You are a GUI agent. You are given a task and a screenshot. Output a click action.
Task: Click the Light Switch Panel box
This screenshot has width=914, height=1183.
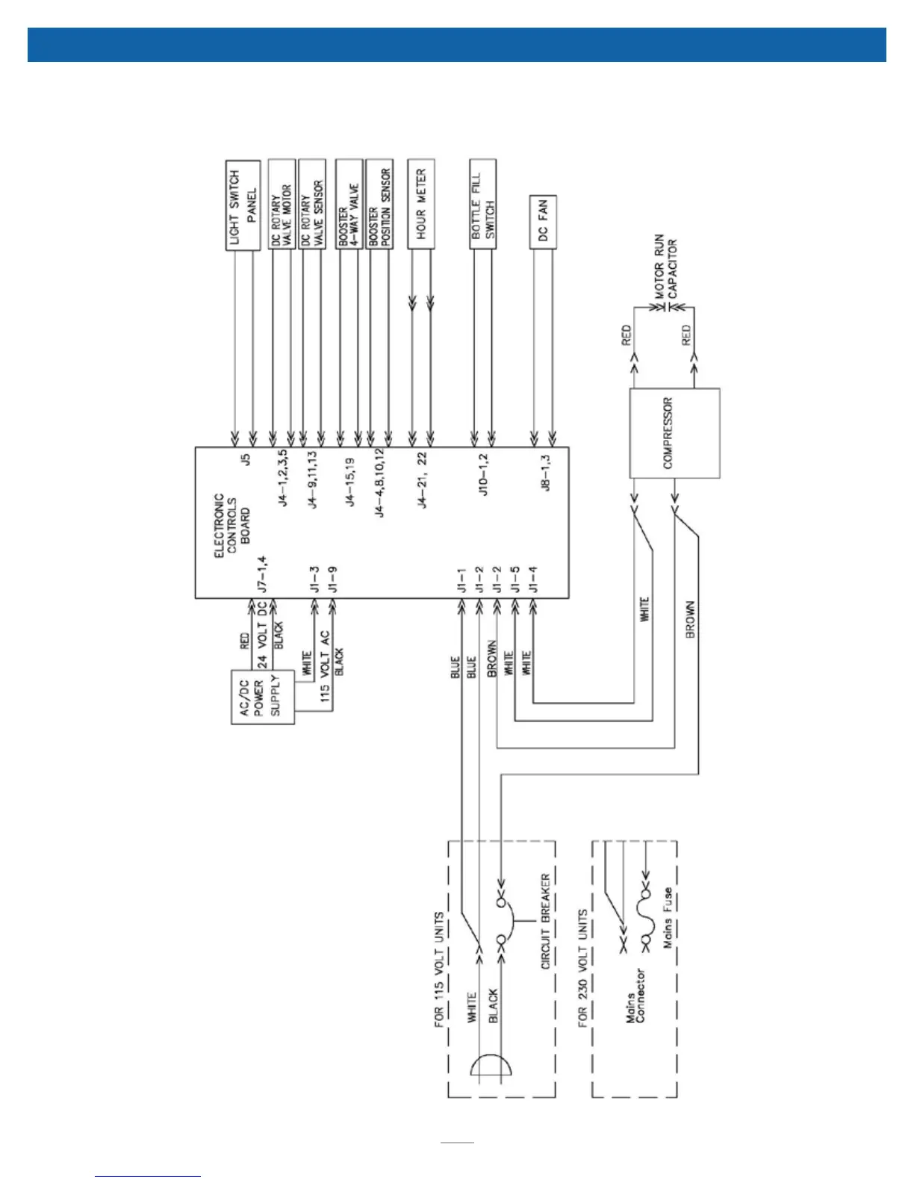[x=243, y=205]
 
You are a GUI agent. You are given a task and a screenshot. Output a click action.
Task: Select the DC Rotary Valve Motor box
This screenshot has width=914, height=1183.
[x=282, y=205]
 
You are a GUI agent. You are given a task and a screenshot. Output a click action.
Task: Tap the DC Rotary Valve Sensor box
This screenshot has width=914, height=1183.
[x=312, y=205]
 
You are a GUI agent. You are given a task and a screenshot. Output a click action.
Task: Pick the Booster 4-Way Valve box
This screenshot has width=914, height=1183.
[x=349, y=205]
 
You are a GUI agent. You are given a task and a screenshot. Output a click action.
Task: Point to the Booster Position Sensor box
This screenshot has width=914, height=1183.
[x=379, y=205]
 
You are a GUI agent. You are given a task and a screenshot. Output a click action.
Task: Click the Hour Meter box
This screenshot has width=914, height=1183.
[x=421, y=204]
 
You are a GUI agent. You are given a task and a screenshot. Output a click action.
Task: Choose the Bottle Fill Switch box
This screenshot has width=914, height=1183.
[x=483, y=204]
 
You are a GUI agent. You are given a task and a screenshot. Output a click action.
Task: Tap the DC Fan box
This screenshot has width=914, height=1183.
[x=543, y=220]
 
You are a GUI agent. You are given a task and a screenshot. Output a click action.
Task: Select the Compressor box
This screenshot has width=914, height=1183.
[x=674, y=433]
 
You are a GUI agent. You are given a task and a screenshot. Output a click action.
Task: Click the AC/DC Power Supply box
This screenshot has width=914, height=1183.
[x=263, y=698]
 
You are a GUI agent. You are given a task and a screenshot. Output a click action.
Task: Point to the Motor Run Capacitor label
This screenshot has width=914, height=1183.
[x=666, y=267]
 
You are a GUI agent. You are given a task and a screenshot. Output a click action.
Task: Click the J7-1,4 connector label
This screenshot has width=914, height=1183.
[x=261, y=574]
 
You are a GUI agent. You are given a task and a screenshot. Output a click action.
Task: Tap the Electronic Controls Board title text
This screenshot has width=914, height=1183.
[x=232, y=525]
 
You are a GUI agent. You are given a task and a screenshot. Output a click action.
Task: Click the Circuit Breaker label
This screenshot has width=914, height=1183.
[x=545, y=922]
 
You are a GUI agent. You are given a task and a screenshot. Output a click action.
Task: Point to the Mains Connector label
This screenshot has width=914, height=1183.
[x=637, y=996]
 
